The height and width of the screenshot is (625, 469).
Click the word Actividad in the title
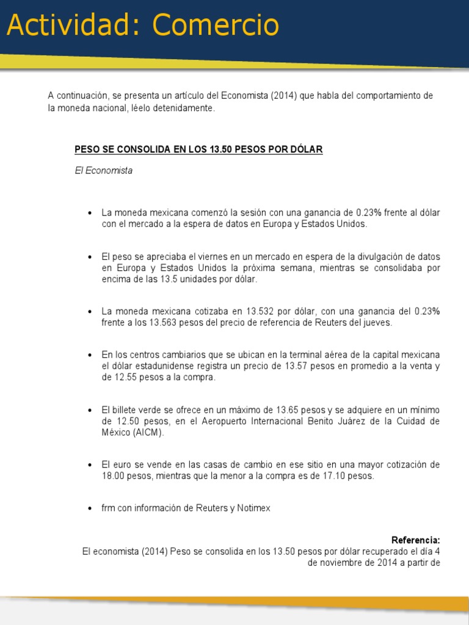[75, 26]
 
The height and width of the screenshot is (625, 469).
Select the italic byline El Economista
[103, 171]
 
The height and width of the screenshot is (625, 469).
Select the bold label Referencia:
[415, 540]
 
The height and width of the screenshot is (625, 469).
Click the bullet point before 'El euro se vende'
[90, 465]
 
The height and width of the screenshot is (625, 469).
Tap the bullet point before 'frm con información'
[90, 508]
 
